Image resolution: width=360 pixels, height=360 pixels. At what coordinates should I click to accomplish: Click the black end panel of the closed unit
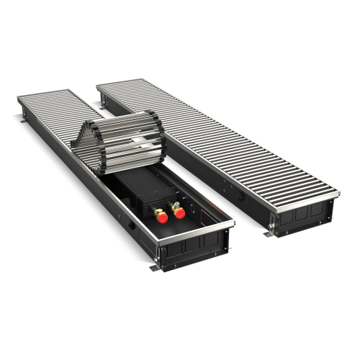(x=302, y=212)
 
